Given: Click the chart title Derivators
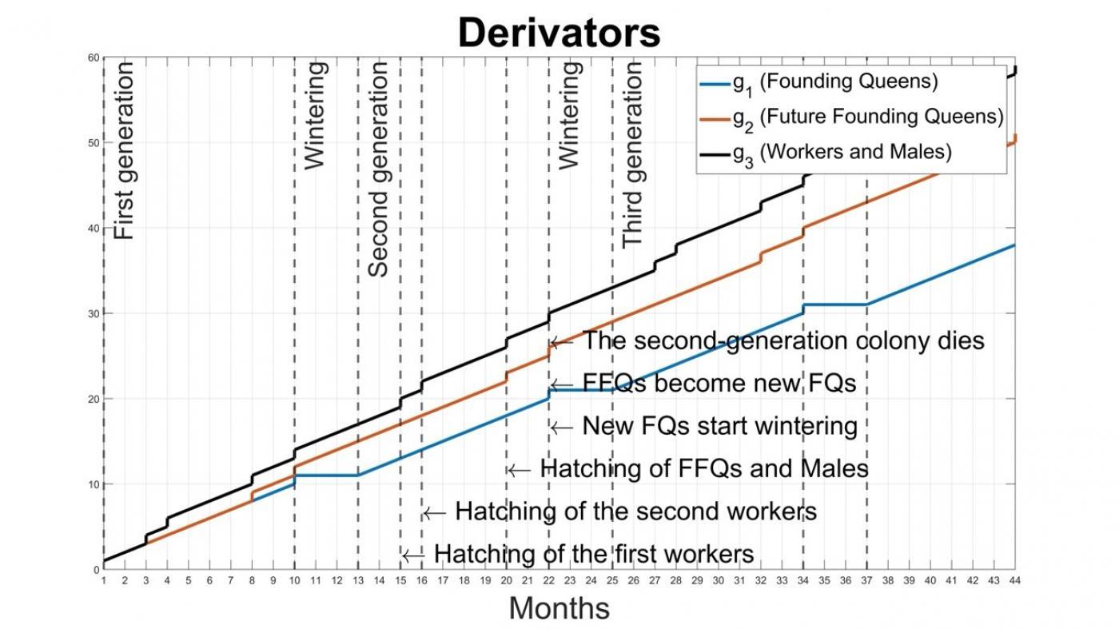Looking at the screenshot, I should pyautogui.click(x=559, y=33).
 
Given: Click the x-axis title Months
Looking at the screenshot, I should pyautogui.click(x=559, y=608).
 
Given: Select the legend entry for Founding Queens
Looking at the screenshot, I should pyautogui.click(x=835, y=82).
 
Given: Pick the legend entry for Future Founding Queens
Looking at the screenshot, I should pyautogui.click(x=868, y=117).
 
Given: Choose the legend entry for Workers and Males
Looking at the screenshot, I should pyautogui.click(x=842, y=152).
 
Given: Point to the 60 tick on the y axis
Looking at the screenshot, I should pyautogui.click(x=93, y=58).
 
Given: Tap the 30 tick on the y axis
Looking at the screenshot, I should pyautogui.click(x=93, y=313).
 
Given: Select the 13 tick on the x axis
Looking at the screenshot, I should pyautogui.click(x=358, y=580).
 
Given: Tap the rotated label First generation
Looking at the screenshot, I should pyautogui.click(x=124, y=151).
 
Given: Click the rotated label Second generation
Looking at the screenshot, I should pyautogui.click(x=378, y=169).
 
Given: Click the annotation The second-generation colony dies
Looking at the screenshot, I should pyautogui.click(x=783, y=341).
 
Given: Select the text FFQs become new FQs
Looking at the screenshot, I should pyautogui.click(x=719, y=384).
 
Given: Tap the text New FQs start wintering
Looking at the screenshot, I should pyautogui.click(x=719, y=426).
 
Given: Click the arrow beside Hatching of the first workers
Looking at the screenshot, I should pyautogui.click(x=412, y=555).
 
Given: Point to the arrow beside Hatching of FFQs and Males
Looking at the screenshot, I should pyautogui.click(x=519, y=470).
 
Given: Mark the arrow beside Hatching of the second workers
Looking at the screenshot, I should pyautogui.click(x=434, y=512).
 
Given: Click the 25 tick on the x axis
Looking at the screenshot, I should pyautogui.click(x=612, y=580).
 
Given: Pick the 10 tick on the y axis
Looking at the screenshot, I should pyautogui.click(x=93, y=484).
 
